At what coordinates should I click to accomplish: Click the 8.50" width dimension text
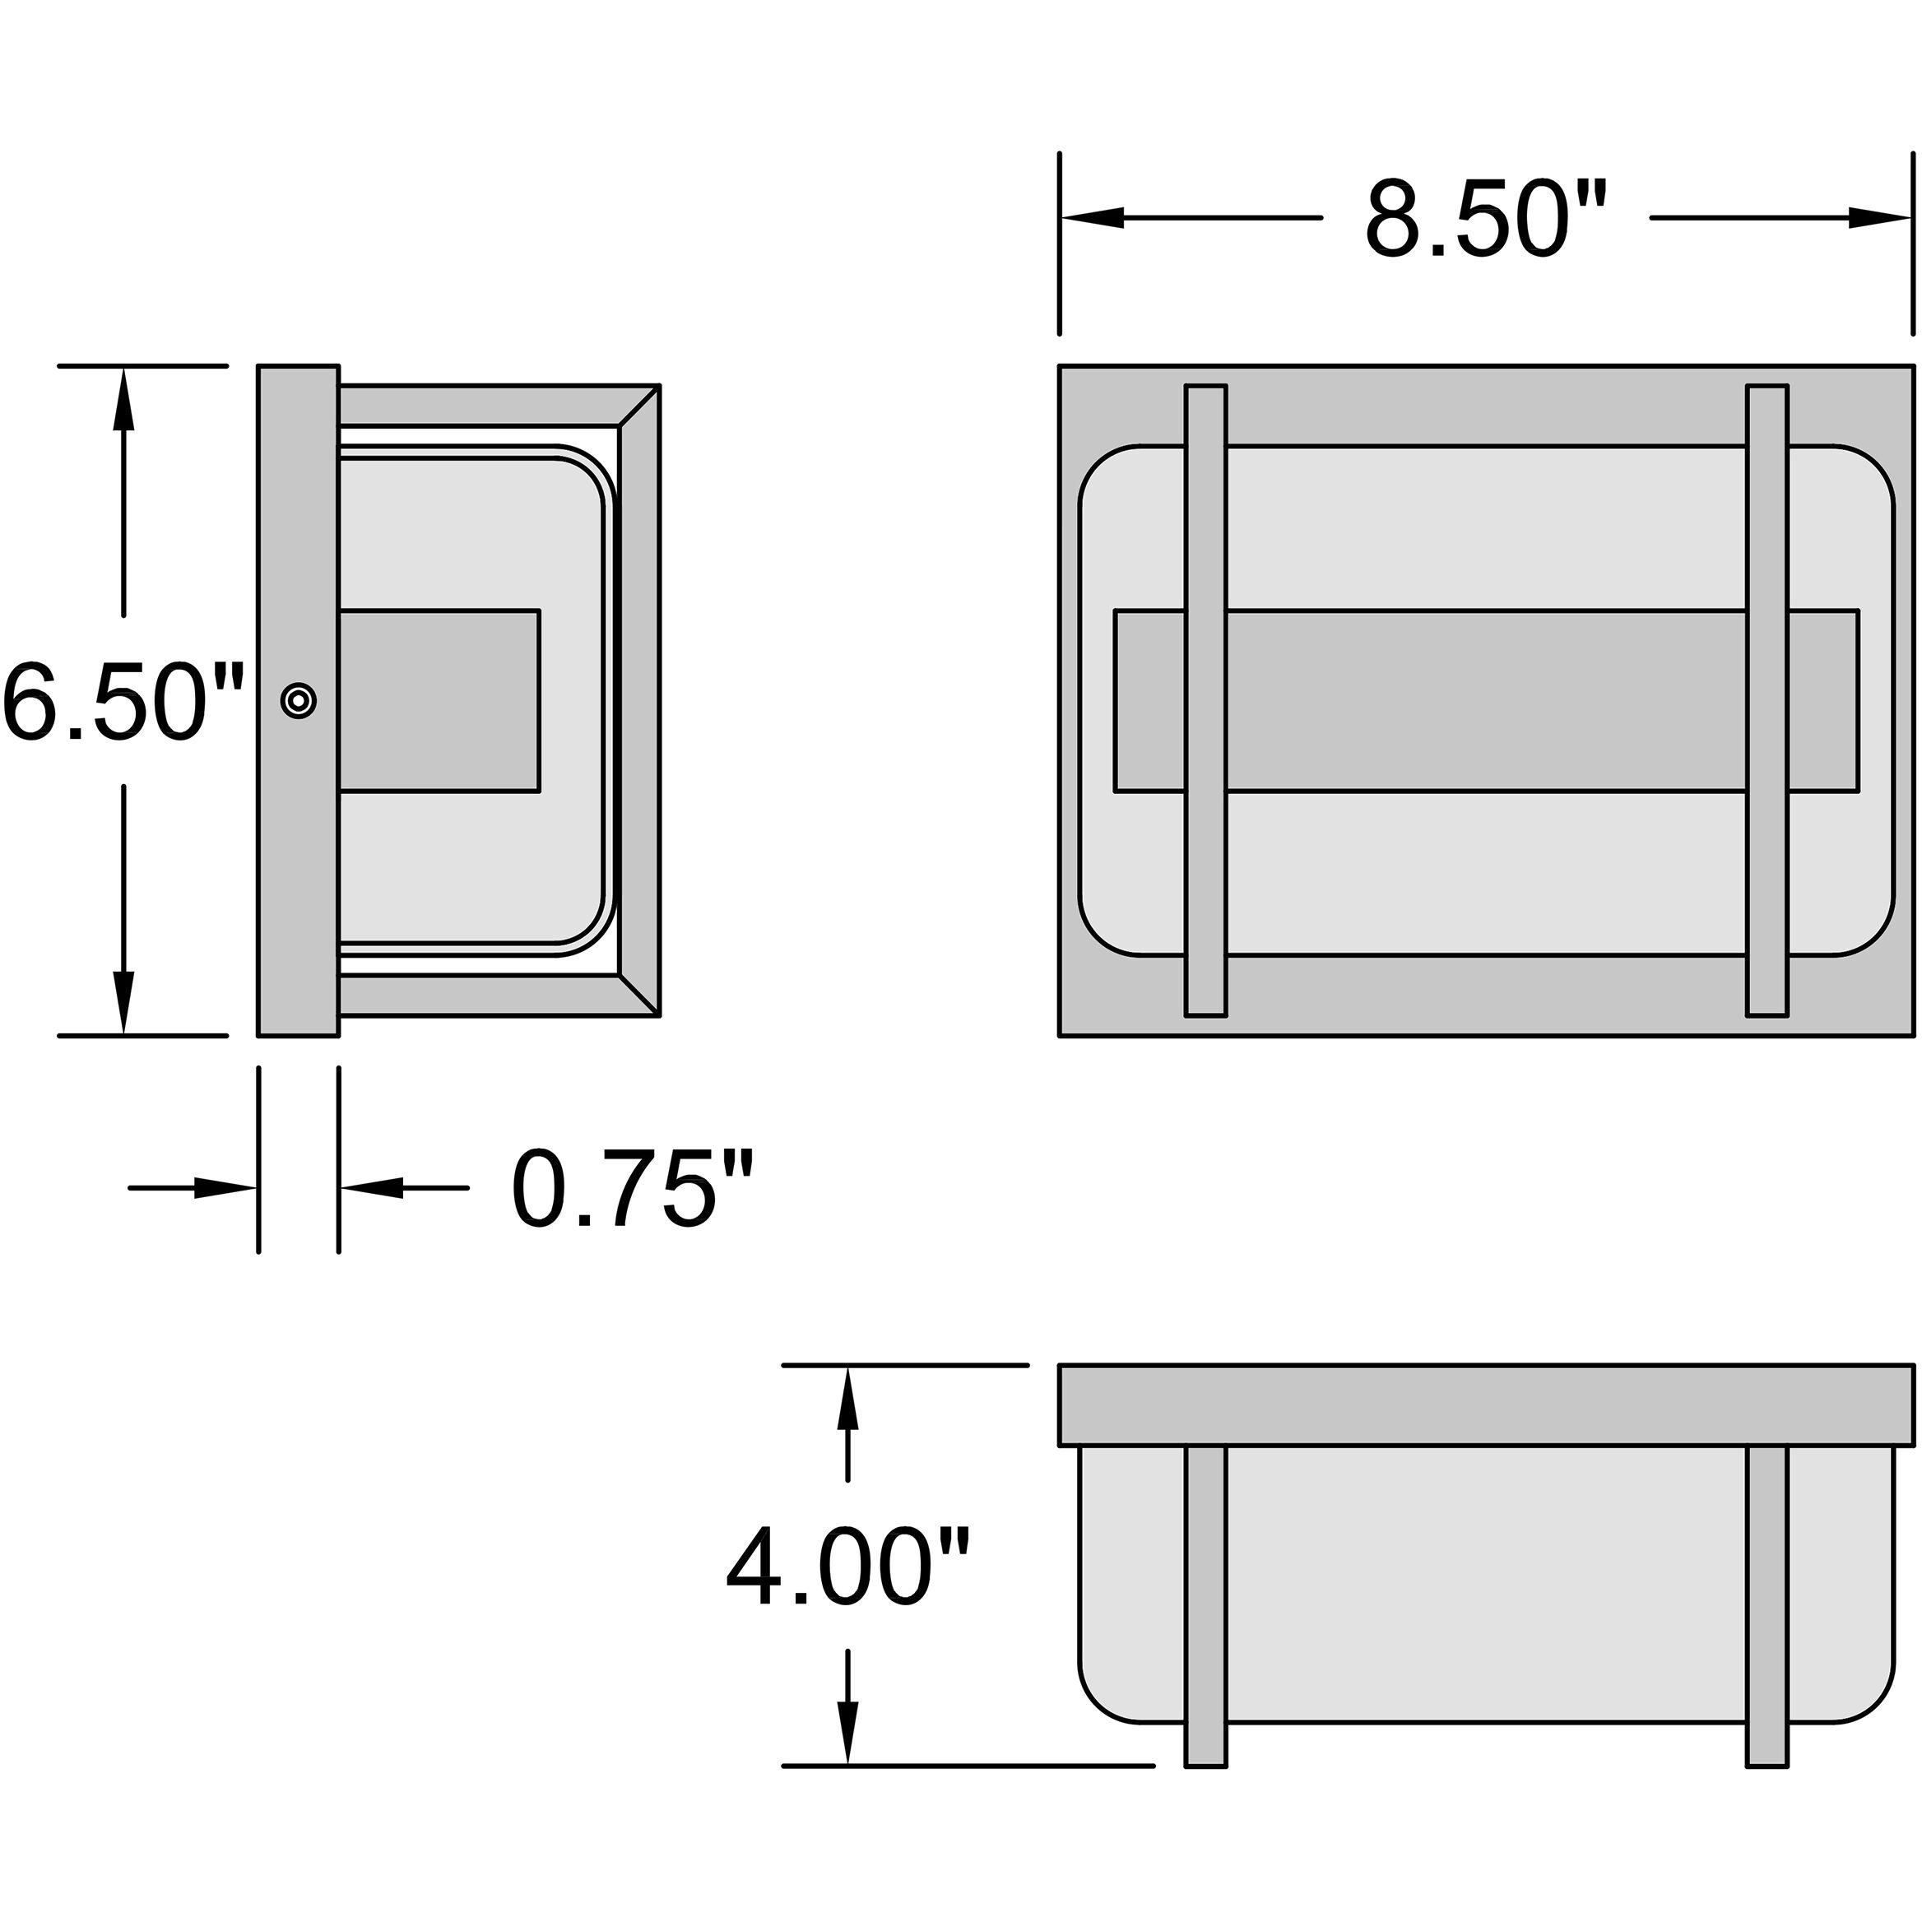(1485, 220)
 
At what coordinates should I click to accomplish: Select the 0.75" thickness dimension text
(633, 1189)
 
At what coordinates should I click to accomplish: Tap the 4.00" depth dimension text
(847, 1570)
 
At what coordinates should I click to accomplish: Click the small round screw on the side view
(299, 700)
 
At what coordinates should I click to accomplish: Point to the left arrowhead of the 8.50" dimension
(1091, 218)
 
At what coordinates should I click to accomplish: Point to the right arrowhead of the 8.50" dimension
(1881, 218)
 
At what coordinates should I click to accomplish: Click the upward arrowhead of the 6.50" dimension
(123, 398)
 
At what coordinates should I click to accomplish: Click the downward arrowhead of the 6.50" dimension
(123, 1003)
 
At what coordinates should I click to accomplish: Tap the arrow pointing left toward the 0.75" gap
(373, 1188)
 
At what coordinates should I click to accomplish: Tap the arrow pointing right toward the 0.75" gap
(225, 1188)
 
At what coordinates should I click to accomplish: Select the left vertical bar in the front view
(1205, 700)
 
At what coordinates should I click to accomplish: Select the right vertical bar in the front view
(1766, 700)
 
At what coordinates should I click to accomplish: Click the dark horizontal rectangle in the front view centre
(1486, 700)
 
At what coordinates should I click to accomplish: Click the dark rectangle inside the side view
(439, 700)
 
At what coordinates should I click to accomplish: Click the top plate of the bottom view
(1486, 1404)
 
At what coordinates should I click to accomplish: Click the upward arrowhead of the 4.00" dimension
(847, 1398)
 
